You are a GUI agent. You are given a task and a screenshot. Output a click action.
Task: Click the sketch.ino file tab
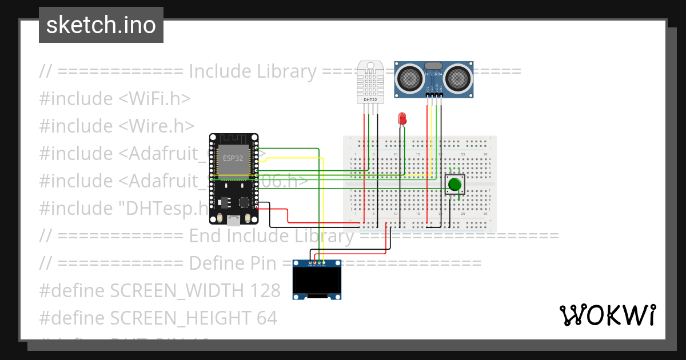click(101, 25)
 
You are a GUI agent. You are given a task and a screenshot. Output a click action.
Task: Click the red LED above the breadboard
click(402, 118)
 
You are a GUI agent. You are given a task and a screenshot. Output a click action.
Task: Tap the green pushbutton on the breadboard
click(454, 184)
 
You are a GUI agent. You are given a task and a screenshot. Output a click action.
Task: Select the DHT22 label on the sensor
click(370, 100)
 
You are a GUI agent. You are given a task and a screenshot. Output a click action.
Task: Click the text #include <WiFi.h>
click(115, 98)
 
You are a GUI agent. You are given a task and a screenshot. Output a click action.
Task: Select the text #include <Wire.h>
click(117, 126)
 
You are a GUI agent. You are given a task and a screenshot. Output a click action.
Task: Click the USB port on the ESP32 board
click(233, 219)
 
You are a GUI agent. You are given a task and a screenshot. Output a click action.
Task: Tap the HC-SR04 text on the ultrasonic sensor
click(434, 74)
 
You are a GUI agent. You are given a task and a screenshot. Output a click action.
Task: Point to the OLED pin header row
click(317, 265)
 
